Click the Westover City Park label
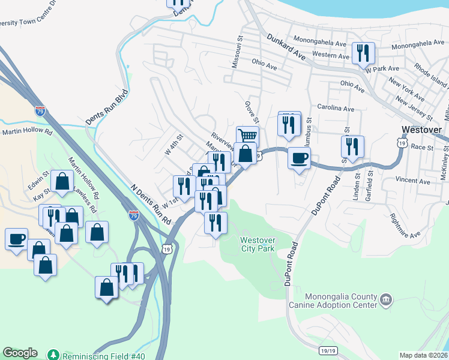tap(258, 244)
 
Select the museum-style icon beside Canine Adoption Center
tap(386, 298)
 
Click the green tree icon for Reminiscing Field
tap(53, 355)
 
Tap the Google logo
tap(20, 353)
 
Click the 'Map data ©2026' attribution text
tap(423, 355)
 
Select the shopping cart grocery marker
tap(247, 136)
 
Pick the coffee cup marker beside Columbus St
tap(299, 158)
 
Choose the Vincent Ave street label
tap(413, 181)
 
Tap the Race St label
tap(422, 146)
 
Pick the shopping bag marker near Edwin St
tap(62, 181)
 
